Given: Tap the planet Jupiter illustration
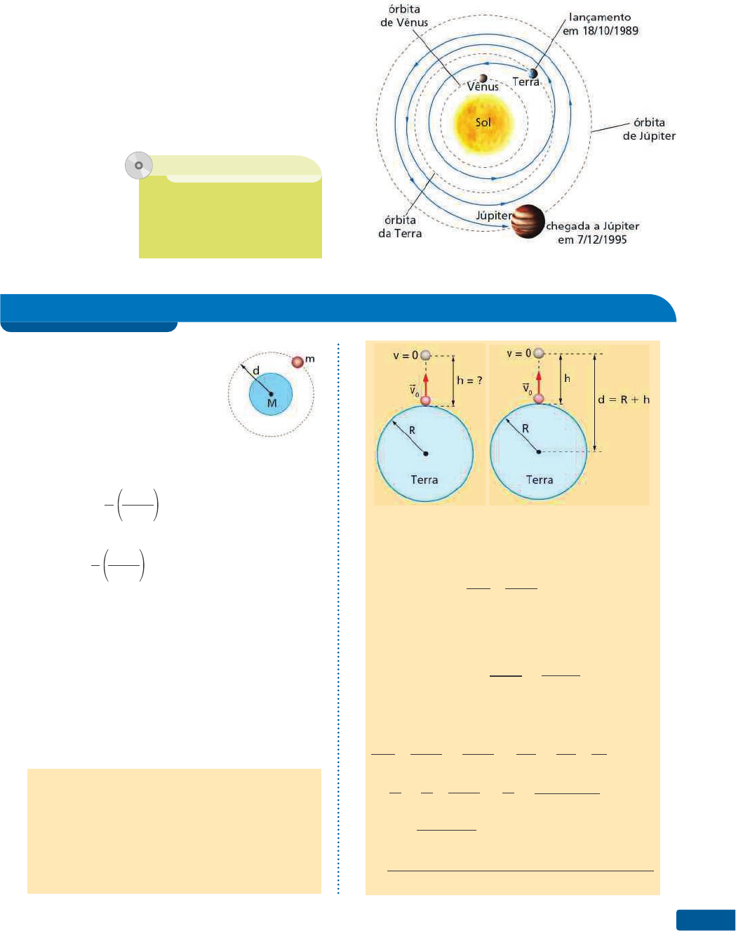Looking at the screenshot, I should pyautogui.click(x=528, y=222).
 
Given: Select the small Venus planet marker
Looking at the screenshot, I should pyautogui.click(x=483, y=78).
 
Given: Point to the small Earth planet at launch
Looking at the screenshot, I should pyautogui.click(x=533, y=73).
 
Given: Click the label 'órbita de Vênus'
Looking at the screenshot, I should pyautogui.click(x=404, y=15).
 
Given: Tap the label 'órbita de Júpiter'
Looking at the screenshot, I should pyautogui.click(x=649, y=129).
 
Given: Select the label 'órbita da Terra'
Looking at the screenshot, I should pyautogui.click(x=400, y=227).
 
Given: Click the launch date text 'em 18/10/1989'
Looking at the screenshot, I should pyautogui.click(x=601, y=31).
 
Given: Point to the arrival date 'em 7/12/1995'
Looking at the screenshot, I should pyautogui.click(x=591, y=239).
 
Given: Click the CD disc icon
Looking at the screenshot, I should pyautogui.click(x=139, y=166).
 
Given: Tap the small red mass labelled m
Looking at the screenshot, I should pyautogui.click(x=297, y=362).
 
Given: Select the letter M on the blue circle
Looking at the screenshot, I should pyautogui.click(x=272, y=403).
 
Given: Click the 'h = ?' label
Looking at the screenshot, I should pyautogui.click(x=469, y=380).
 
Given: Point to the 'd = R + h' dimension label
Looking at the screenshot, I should pyautogui.click(x=624, y=400).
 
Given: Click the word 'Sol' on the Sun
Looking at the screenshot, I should pyautogui.click(x=483, y=122).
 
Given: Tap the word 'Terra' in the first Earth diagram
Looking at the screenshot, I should pyautogui.click(x=424, y=480).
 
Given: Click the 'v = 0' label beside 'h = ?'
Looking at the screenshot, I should pyautogui.click(x=406, y=355).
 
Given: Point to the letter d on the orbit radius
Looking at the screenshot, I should pyautogui.click(x=256, y=370).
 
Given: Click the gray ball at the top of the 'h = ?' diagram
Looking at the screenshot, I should pyautogui.click(x=425, y=355).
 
